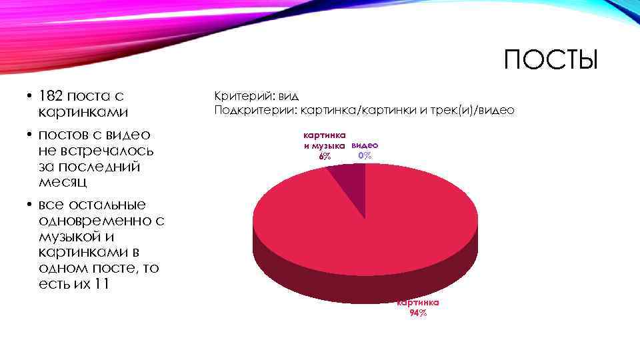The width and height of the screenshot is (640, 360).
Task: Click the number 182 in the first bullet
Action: [x=53, y=96]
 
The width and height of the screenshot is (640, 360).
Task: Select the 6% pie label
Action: [x=324, y=156]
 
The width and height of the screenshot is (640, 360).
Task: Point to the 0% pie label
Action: [x=365, y=155]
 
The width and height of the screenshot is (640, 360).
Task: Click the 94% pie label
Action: [x=418, y=313]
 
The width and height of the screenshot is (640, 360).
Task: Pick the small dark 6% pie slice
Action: [x=350, y=183]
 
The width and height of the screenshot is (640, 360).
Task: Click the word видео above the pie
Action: [x=365, y=145]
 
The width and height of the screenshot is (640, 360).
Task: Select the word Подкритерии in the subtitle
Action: [x=255, y=110]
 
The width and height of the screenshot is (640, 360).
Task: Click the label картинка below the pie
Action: [x=418, y=302]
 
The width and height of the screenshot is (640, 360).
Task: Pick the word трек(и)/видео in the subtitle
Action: [x=472, y=110]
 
